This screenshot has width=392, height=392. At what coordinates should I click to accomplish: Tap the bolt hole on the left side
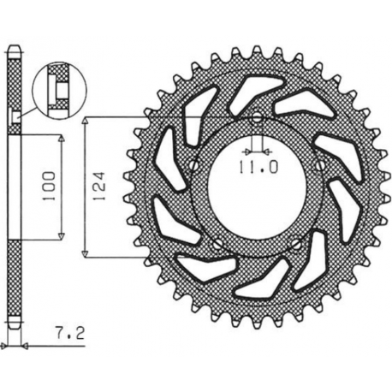(193, 165)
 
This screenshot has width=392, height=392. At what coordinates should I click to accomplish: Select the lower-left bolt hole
(217, 243)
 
